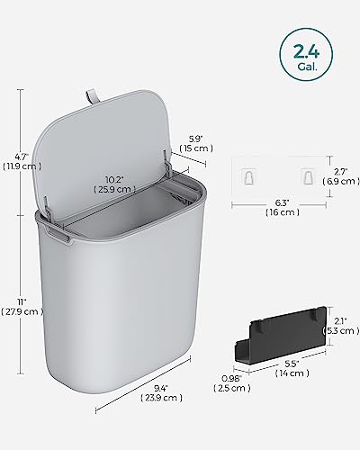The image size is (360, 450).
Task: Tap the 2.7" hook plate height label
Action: (338, 169)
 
